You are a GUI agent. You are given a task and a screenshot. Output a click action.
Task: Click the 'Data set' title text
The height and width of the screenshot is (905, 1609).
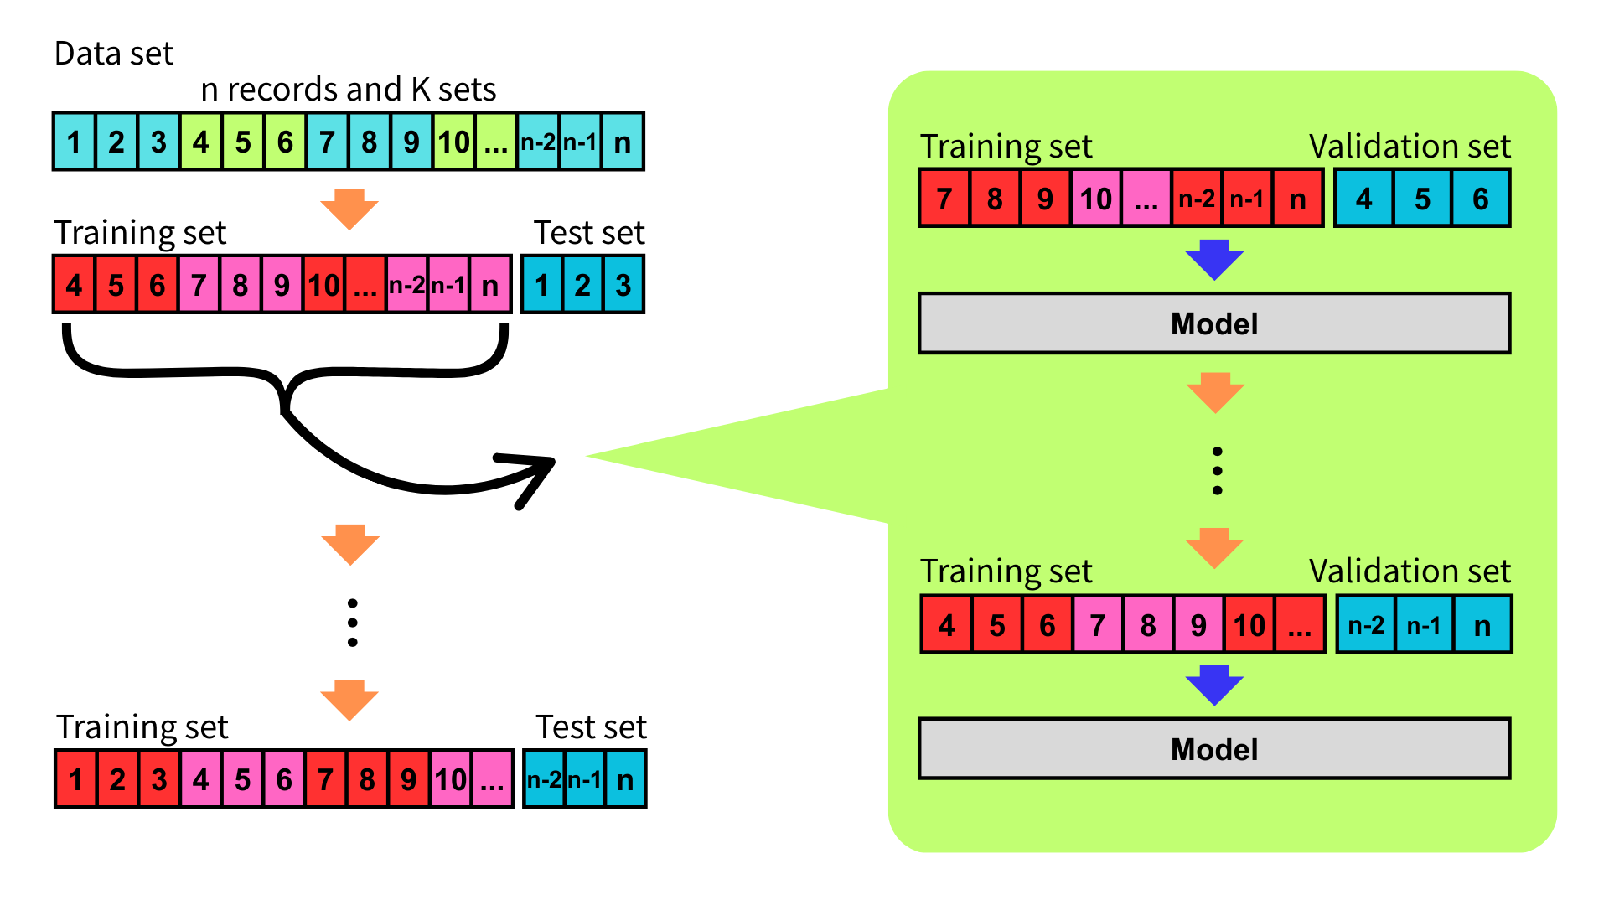click(114, 54)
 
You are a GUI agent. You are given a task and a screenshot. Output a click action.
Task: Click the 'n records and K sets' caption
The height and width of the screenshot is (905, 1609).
click(349, 90)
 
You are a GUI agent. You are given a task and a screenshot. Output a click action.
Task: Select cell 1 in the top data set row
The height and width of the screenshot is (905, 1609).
click(75, 142)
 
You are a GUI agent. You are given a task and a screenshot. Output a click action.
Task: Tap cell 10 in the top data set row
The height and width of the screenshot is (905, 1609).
click(454, 142)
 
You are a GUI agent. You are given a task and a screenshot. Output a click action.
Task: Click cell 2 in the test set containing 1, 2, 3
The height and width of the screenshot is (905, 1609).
click(582, 285)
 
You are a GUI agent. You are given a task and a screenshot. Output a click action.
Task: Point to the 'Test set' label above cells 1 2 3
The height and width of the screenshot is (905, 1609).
click(589, 233)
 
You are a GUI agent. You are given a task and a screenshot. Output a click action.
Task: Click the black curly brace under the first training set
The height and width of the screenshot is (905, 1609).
click(285, 369)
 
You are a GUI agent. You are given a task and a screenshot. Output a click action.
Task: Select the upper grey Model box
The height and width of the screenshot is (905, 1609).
click(1214, 323)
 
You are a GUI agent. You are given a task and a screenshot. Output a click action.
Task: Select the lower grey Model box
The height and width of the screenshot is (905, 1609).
click(1214, 749)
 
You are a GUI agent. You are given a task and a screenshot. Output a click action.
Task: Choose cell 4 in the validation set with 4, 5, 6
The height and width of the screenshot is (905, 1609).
click(1364, 199)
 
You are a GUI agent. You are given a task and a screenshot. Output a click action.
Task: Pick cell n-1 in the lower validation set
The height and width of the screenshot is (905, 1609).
click(1424, 625)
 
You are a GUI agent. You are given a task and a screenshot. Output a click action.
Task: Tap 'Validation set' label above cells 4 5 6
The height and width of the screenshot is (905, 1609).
click(1410, 147)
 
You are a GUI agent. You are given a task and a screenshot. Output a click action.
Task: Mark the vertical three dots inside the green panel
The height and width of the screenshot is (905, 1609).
click(1217, 471)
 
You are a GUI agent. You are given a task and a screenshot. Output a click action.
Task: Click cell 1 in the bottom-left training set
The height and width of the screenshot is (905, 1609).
click(76, 780)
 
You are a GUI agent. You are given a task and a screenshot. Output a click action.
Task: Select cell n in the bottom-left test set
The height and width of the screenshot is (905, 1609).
click(625, 780)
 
